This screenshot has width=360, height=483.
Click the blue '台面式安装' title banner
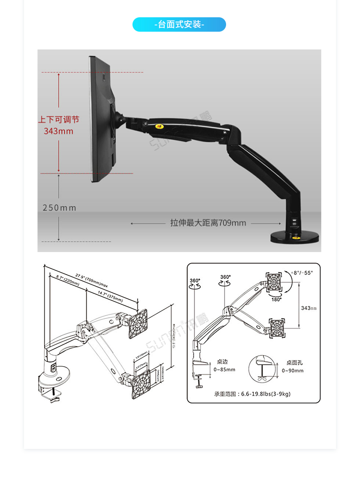(x=179, y=24)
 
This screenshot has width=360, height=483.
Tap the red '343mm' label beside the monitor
(x=59, y=131)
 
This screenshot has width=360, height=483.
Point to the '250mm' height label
(x=60, y=208)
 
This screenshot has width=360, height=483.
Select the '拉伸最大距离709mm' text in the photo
(x=208, y=223)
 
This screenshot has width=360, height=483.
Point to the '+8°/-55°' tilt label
(x=302, y=273)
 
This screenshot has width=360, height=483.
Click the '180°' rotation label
(x=276, y=299)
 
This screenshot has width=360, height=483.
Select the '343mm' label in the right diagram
(x=309, y=308)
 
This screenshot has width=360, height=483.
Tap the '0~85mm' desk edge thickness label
(x=225, y=370)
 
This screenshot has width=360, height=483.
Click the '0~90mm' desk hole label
(x=292, y=371)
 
